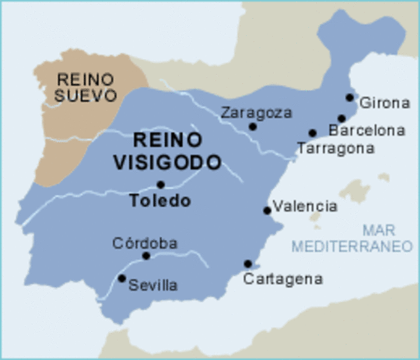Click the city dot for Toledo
click(160, 184)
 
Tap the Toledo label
click(160, 201)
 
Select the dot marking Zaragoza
click(253, 126)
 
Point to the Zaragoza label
click(256, 112)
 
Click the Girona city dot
click(349, 97)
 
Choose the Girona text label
click(385, 103)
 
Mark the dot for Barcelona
click(341, 118)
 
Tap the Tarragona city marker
click(313, 133)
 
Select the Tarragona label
click(335, 148)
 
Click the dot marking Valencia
click(267, 211)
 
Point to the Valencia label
click(305, 205)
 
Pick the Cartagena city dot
click(247, 264)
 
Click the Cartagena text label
click(283, 279)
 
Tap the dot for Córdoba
click(146, 256)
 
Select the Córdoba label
click(145, 243)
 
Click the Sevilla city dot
click(121, 278)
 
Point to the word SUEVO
click(86, 96)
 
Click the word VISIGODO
click(167, 160)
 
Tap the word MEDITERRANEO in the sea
click(352, 246)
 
